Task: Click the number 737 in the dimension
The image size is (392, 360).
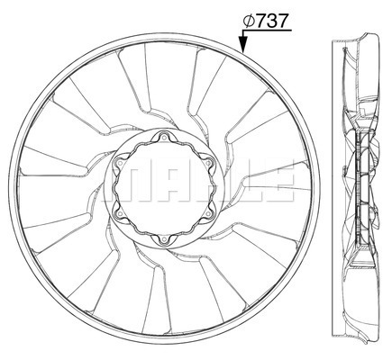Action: (272, 21)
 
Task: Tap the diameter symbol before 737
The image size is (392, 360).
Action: (250, 21)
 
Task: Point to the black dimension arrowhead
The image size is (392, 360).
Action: (243, 44)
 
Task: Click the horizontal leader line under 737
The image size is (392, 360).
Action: (267, 31)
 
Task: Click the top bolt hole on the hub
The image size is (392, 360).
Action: (164, 138)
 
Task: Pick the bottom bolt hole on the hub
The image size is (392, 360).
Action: (164, 239)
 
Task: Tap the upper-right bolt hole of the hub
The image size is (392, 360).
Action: (208, 163)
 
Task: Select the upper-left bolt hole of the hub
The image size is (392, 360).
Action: (120, 163)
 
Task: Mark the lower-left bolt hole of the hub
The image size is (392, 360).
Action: (120, 213)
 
